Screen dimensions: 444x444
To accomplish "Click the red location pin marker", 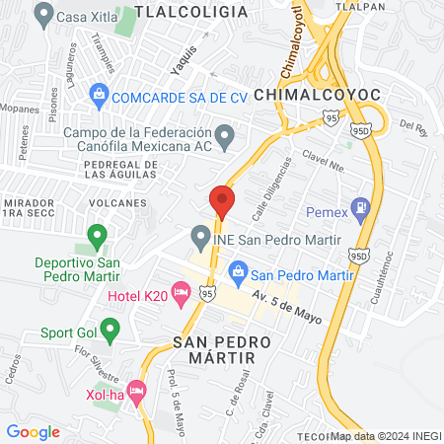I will [x=222, y=202].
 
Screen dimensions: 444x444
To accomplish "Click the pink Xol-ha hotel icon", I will [x=136, y=391].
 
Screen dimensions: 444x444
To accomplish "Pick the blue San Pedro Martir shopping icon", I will [x=238, y=269].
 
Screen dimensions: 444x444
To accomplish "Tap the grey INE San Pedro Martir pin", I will [x=200, y=238].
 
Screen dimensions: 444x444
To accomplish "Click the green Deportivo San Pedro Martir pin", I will [x=97, y=236].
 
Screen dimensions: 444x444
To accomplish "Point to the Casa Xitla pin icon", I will [x=42, y=15].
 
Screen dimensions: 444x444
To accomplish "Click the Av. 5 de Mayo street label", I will [x=286, y=301].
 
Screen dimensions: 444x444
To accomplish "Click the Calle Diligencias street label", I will [x=273, y=182].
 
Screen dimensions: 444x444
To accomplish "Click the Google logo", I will [x=34, y=431].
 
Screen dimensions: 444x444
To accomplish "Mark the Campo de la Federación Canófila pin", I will [x=225, y=134].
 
